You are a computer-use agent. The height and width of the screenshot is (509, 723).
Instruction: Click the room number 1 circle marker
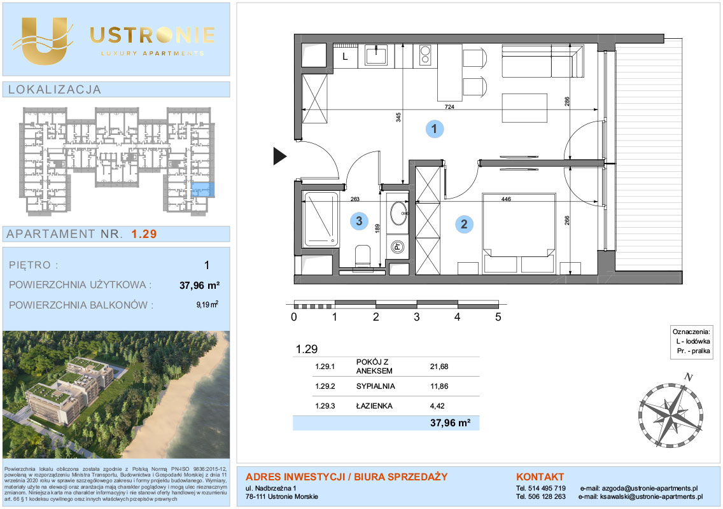(x=434, y=129)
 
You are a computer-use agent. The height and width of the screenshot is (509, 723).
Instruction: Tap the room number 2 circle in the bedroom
(x=464, y=224)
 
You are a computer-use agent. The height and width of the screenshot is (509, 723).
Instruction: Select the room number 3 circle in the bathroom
(x=359, y=221)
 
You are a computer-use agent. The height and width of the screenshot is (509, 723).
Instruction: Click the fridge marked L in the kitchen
(x=345, y=57)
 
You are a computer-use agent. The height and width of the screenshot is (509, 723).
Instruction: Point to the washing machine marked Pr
(x=398, y=247)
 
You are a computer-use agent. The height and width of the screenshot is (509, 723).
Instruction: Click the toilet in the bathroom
(x=363, y=255)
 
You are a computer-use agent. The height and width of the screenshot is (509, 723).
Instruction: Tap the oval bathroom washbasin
(x=399, y=214)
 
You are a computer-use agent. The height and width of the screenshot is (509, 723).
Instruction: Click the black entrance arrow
(x=280, y=156)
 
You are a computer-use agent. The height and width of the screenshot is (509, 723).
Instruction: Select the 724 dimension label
(x=449, y=106)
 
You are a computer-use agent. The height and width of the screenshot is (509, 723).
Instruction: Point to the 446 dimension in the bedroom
(x=506, y=199)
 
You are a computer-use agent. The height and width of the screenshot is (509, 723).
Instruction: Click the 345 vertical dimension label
(x=398, y=118)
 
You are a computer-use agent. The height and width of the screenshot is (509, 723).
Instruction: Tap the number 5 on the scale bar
(x=498, y=317)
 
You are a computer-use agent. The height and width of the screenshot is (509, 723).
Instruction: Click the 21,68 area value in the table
(x=439, y=366)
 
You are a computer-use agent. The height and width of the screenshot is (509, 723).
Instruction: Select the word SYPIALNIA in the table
(x=376, y=386)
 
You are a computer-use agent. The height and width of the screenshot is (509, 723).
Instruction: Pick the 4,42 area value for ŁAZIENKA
(x=437, y=406)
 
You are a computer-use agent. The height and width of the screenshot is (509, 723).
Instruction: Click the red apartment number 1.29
(x=144, y=234)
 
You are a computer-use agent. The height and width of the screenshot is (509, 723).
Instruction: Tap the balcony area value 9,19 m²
(x=207, y=305)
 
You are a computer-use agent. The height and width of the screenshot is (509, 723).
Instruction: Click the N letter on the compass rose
(x=689, y=377)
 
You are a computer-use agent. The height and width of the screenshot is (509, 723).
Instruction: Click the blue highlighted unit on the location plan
(x=203, y=190)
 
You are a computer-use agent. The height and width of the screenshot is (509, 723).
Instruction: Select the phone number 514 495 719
(x=547, y=488)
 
